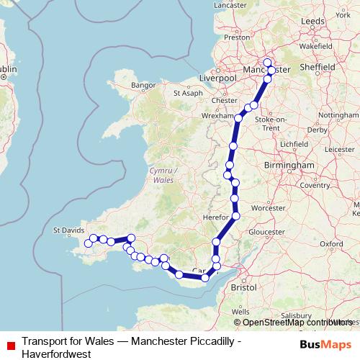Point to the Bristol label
pyautogui.click(x=243, y=287)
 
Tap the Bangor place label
pyautogui.click(x=143, y=85)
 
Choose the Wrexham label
pyautogui.click(x=220, y=115)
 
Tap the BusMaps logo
pyautogui.click(x=325, y=343)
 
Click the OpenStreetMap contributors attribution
pyautogui.click(x=295, y=322)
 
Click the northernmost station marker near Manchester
pyautogui.click(x=267, y=62)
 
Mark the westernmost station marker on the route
pyautogui.click(x=89, y=243)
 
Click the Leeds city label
pyautogui.click(x=313, y=22)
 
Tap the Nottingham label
pyautogui.click(x=337, y=115)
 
